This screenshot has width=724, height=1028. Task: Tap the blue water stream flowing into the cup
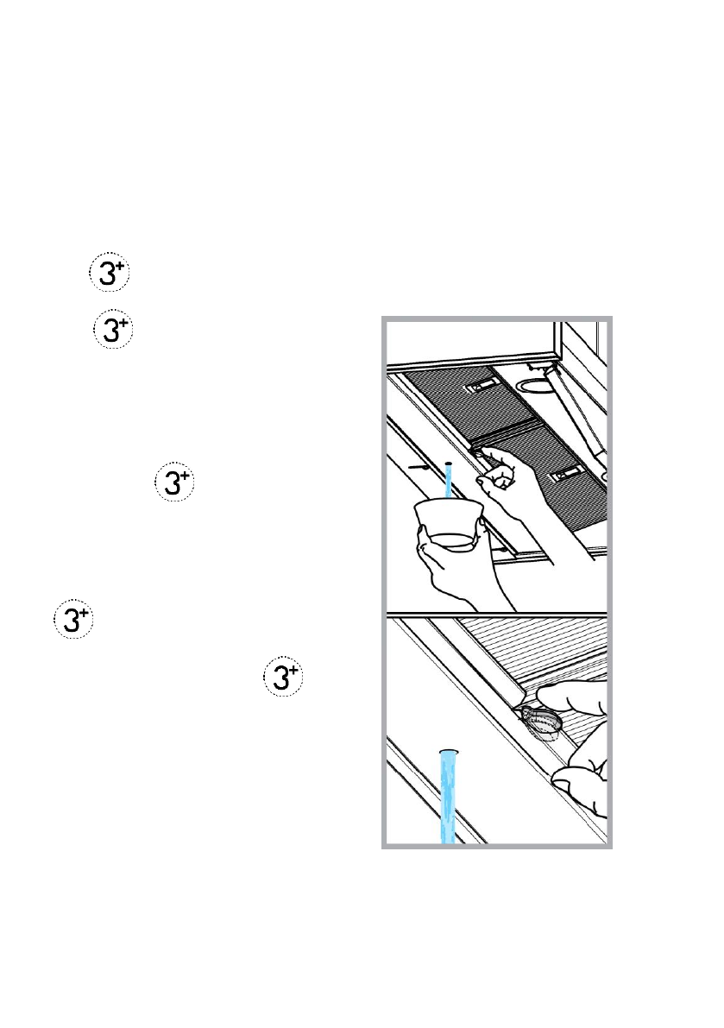point(449,483)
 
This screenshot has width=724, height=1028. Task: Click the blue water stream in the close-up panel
point(447,798)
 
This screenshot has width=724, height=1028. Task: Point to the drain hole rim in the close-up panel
point(447,753)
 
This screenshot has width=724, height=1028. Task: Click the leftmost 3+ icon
point(74,621)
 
